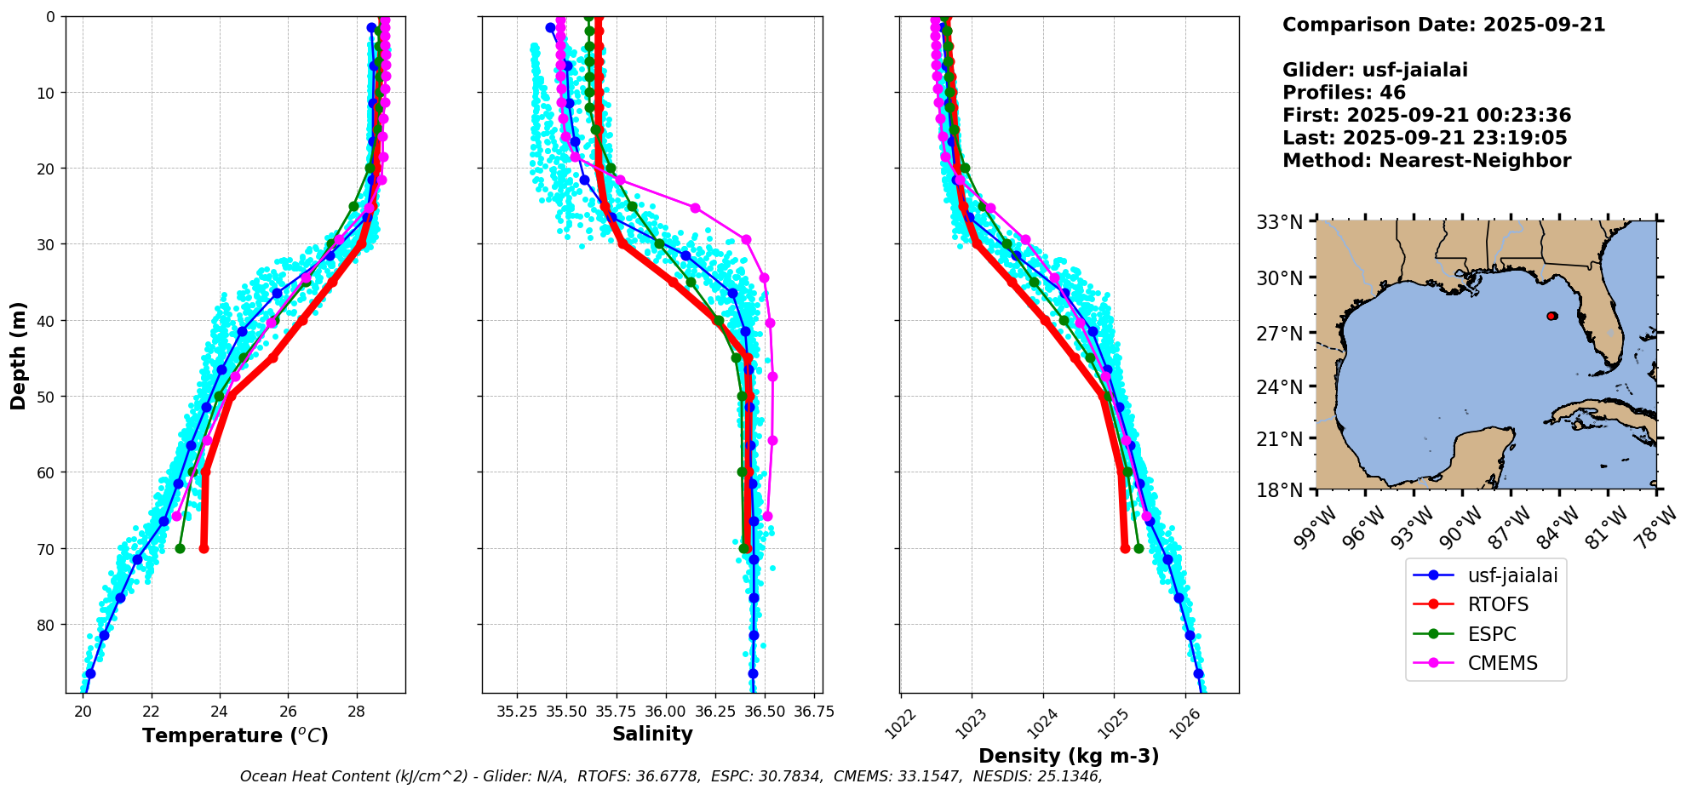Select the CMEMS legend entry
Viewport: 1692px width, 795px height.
(x=1502, y=663)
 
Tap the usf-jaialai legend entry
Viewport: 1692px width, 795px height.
(x=1512, y=575)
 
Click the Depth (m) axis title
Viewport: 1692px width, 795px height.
(x=18, y=355)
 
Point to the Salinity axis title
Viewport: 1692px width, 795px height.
(x=652, y=734)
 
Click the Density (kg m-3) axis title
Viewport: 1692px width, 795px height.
(x=1069, y=756)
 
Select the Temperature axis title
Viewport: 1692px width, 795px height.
(x=235, y=735)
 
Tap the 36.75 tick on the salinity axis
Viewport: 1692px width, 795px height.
(x=813, y=712)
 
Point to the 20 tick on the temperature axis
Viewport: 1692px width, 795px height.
(x=83, y=712)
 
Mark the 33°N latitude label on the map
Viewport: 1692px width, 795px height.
(x=1279, y=222)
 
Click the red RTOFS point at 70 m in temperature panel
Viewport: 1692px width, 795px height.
(x=204, y=548)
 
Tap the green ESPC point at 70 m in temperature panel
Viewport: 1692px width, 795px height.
(x=180, y=548)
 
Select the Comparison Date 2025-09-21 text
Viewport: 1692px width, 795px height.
(x=1443, y=25)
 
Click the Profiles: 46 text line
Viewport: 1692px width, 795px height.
(x=1344, y=93)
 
